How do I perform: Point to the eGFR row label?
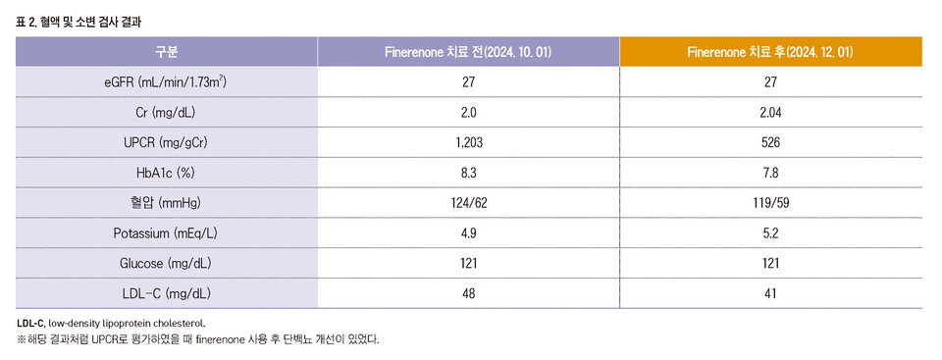click(x=166, y=82)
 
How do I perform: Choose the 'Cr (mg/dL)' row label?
click(x=166, y=113)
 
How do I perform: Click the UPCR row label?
click(x=166, y=143)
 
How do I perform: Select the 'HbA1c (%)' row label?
click(x=166, y=173)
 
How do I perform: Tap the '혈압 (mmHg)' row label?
click(x=166, y=203)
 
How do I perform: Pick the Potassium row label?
click(x=166, y=233)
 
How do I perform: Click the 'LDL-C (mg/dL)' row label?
click(x=166, y=293)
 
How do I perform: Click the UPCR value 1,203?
click(x=468, y=143)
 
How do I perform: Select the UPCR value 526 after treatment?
click(x=770, y=143)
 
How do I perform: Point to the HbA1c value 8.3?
click(x=468, y=173)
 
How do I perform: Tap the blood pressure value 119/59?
click(x=770, y=203)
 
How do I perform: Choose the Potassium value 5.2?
click(x=770, y=233)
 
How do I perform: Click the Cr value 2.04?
click(x=770, y=113)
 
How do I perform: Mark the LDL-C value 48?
click(x=468, y=293)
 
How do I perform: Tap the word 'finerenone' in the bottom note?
click(x=228, y=339)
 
